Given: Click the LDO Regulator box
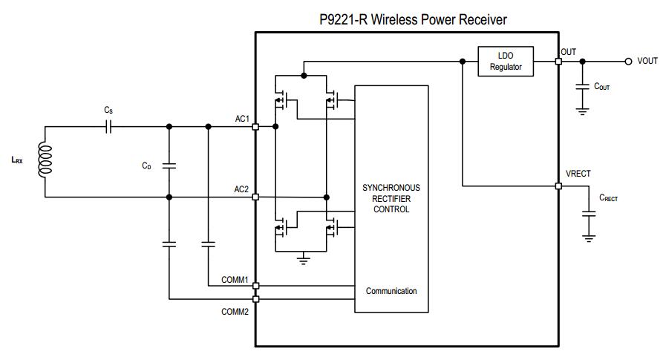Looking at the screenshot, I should pos(506,62).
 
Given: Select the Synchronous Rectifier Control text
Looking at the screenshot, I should pos(391,198).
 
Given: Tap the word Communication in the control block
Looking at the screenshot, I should pos(391,291).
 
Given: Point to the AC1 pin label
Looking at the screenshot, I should pos(241,119).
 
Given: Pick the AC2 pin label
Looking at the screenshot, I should pos(241,189).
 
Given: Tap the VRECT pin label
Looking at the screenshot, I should pos(578,174).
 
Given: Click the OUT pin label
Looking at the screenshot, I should pos(568,52).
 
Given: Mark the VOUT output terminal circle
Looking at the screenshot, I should pos(627,62).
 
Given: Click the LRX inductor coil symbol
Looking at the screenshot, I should pos(45,160).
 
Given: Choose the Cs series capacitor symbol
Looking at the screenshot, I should pos(109,127).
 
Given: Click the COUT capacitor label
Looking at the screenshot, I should pos(601,87).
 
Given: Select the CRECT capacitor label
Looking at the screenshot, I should pos(608,198).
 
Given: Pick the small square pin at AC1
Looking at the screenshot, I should pos(255,127).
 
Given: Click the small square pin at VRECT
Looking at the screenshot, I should pos(558,186).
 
